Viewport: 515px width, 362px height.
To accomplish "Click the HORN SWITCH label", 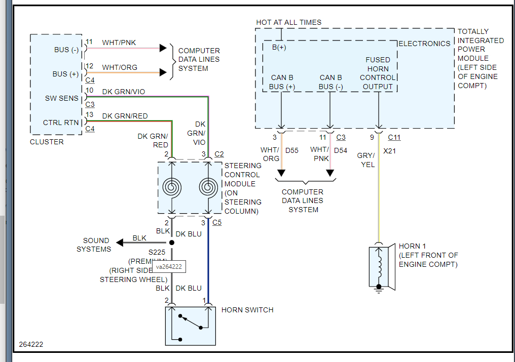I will pyautogui.click(x=247, y=310).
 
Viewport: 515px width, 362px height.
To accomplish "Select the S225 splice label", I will pyautogui.click(x=157, y=252).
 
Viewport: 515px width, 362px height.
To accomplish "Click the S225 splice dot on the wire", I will pyautogui.click(x=172, y=243).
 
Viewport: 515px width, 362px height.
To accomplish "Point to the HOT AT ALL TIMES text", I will pyautogui.click(x=288, y=22).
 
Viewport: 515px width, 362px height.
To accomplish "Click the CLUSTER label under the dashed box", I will pyautogui.click(x=47, y=142).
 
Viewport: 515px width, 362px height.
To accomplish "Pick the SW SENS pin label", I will pyautogui.click(x=61, y=98).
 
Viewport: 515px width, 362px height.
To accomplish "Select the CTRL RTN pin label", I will pyautogui.click(x=61, y=123).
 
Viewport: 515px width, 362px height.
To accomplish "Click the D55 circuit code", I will pyautogui.click(x=292, y=150).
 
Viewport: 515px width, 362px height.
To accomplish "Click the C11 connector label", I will pyautogui.click(x=394, y=137).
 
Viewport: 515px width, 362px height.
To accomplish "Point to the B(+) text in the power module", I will pyautogui.click(x=279, y=48).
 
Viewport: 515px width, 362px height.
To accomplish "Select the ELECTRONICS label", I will pyautogui.click(x=424, y=44).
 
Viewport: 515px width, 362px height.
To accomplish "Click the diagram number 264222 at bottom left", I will pyautogui.click(x=31, y=344).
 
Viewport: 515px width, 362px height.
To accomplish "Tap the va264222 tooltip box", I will pyautogui.click(x=169, y=267).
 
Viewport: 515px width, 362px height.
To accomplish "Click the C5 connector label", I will pyautogui.click(x=217, y=222).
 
